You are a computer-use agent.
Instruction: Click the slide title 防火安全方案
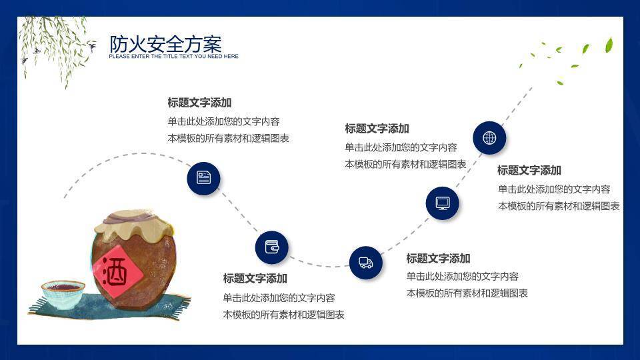tap(165, 44)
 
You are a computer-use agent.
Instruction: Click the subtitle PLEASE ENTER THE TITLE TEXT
tap(173, 57)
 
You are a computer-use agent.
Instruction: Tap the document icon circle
tap(203, 177)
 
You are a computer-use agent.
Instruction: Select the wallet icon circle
tap(271, 247)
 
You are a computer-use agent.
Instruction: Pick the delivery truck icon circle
tap(365, 263)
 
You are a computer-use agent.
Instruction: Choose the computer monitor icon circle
tap(443, 203)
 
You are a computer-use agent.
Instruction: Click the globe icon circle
tap(489, 138)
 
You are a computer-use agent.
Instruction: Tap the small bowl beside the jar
tap(63, 293)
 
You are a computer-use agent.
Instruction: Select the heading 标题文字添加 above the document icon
tap(199, 103)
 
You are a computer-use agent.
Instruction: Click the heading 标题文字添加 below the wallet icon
tap(255, 279)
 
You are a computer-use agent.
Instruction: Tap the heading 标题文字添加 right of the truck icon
tap(438, 259)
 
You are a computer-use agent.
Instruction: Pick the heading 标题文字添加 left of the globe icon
tap(377, 129)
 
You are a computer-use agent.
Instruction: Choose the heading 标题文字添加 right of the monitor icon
tap(529, 171)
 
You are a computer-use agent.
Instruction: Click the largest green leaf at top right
tap(609, 45)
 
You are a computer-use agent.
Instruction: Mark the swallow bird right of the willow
tap(91, 45)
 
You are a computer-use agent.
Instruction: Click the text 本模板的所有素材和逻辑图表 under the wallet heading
tap(283, 315)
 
